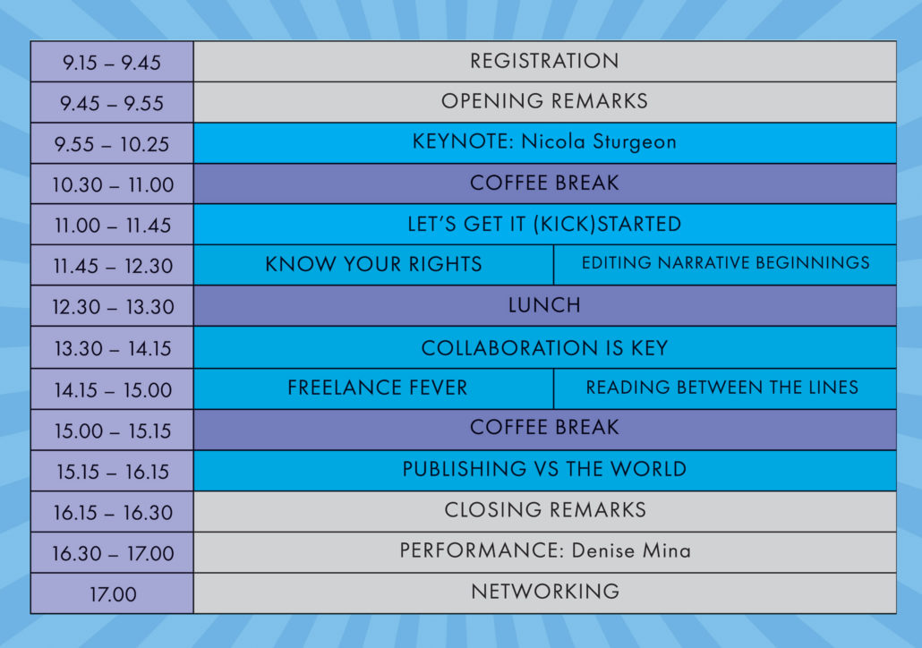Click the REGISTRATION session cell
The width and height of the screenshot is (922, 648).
pos(544,61)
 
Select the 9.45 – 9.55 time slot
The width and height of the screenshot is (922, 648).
pos(112,102)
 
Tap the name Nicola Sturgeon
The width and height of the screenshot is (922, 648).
pos(599,142)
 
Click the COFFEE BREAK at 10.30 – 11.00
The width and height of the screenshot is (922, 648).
pos(544,183)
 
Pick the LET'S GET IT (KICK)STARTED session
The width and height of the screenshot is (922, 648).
pos(544,224)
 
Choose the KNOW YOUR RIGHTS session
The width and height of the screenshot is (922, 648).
pos(373,265)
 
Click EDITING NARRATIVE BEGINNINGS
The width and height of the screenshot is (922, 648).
pos(725,265)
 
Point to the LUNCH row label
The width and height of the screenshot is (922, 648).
pos(544,306)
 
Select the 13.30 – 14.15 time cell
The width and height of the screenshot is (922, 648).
pos(112,347)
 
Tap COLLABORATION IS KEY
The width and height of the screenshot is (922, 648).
pos(544,347)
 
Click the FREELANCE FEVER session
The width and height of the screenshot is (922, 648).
pos(373,388)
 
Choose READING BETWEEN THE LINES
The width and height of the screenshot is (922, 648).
pos(725,388)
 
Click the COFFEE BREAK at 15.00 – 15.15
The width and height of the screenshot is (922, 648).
pos(544,430)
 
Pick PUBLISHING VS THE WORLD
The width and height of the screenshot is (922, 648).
pos(544,471)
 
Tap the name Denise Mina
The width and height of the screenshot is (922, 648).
pos(631,551)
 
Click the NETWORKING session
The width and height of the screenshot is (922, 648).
pos(544,593)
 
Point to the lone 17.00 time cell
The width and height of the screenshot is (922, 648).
pos(112,593)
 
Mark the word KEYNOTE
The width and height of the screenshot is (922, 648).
pos(463,141)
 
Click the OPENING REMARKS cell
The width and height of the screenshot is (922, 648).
pos(544,102)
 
